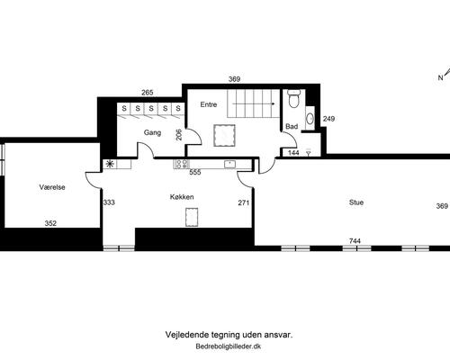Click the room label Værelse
52,187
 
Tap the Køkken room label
182,197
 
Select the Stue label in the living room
356,202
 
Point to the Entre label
209,104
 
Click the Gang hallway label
152,132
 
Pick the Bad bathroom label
292,126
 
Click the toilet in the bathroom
293,98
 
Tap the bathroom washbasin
310,119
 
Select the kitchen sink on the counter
229,164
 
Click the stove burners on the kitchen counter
182,164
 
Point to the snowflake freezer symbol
110,164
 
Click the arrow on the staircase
254,103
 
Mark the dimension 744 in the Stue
355,240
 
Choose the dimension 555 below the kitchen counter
195,173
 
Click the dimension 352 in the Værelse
50,223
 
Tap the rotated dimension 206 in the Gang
178,135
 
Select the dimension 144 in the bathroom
293,153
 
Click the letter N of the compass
440,77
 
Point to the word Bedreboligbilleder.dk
229,346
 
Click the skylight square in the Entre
224,135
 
